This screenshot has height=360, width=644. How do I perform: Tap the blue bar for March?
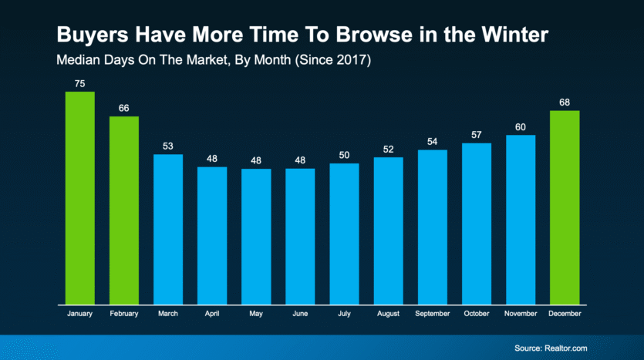coord(168,229)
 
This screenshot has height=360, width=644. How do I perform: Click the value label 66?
coord(124,109)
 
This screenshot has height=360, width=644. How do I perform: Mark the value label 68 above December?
coord(565,103)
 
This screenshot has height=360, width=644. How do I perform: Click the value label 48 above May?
coord(256,160)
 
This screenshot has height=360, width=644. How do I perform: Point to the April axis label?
coord(212,315)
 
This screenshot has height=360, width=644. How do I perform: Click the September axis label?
coord(433,315)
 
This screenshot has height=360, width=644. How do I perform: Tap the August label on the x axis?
coord(388,315)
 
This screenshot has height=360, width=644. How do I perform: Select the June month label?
coord(300,315)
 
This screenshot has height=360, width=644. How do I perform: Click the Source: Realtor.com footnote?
coord(550,348)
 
